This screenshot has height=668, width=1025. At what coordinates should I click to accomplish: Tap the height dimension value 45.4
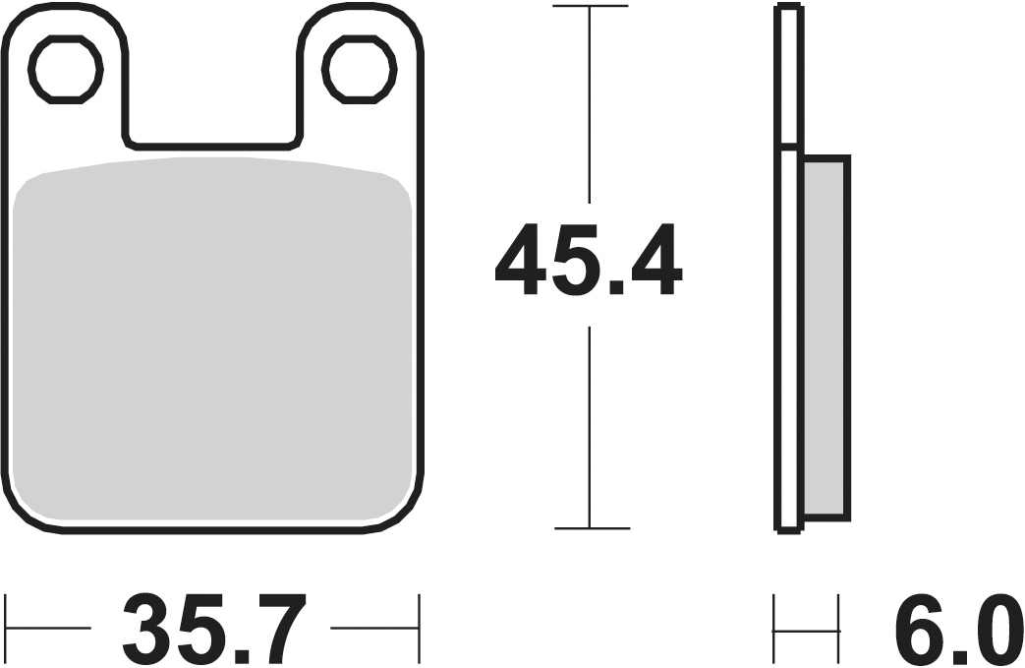(589, 261)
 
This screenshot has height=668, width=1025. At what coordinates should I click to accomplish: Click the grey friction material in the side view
(826, 337)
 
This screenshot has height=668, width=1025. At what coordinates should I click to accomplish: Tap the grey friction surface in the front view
(212, 340)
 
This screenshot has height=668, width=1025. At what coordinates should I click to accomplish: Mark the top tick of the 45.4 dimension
(591, 7)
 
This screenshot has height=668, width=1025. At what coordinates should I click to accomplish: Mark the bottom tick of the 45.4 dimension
(592, 527)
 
